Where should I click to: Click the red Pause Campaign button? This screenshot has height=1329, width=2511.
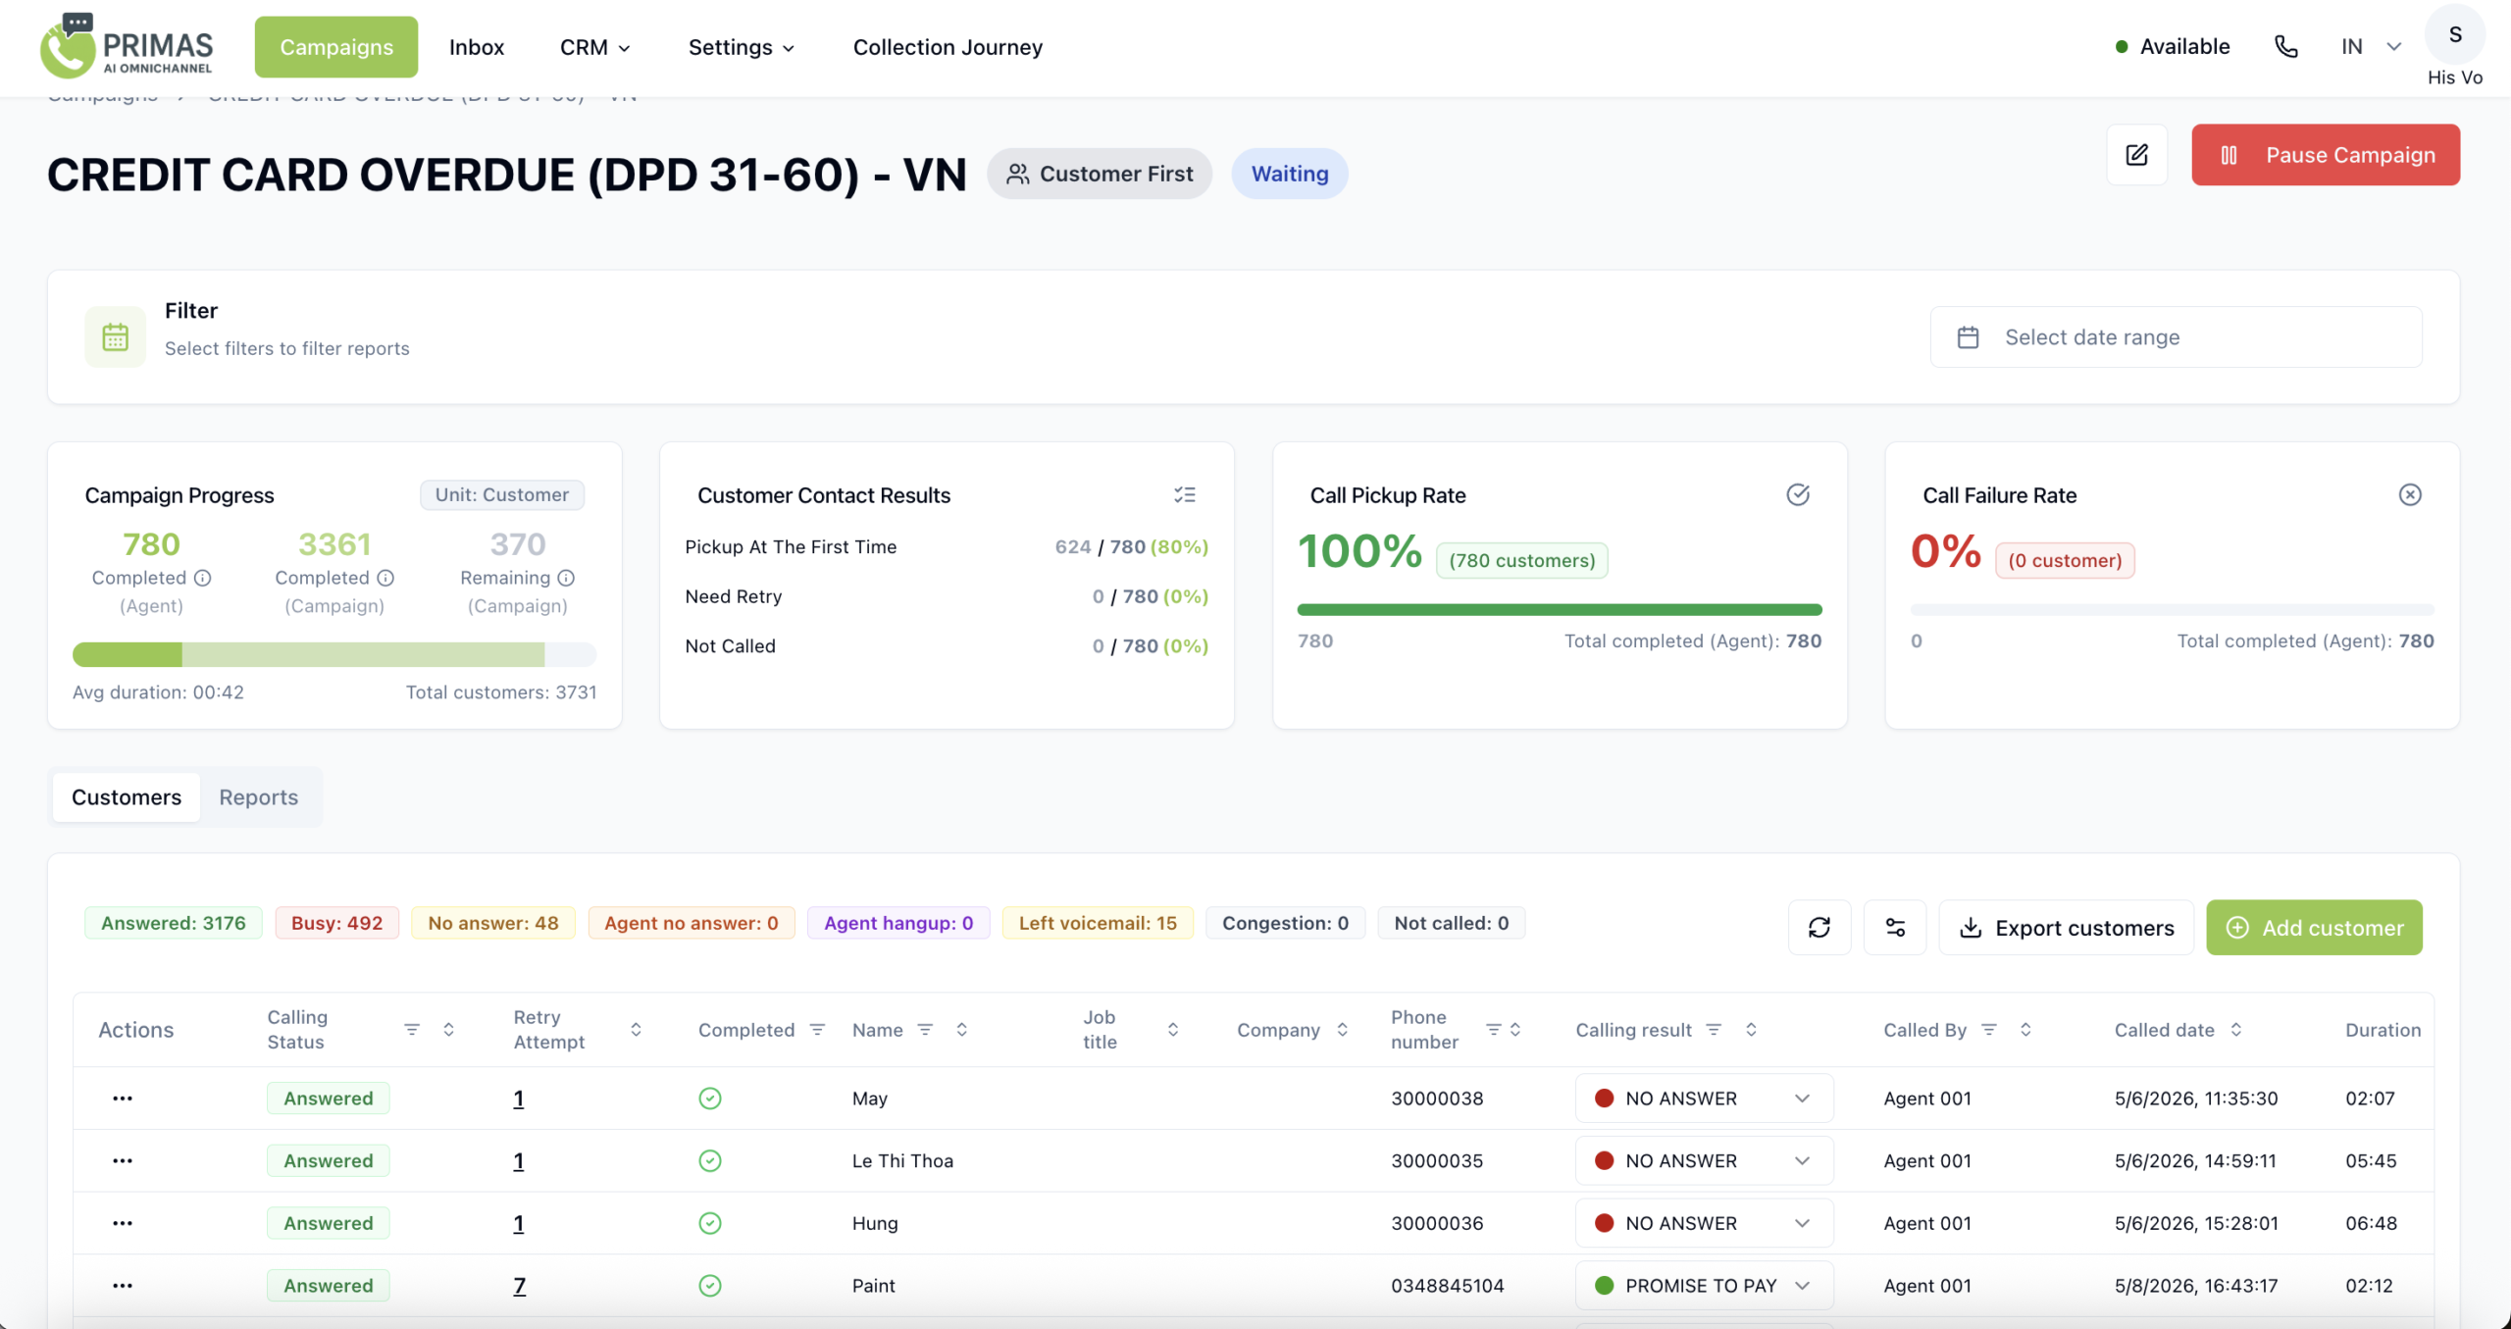pos(2325,155)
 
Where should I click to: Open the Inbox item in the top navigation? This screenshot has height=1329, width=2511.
pos(477,47)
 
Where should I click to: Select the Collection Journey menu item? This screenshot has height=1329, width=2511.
pos(948,47)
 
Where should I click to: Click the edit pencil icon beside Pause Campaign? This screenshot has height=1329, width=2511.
pos(2136,155)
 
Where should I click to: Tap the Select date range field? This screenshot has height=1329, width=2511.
pos(2176,337)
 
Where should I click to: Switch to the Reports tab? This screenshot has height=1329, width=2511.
pos(258,797)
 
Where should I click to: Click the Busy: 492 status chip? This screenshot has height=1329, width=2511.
pos(336,923)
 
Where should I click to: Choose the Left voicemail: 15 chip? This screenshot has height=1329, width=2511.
pos(1098,923)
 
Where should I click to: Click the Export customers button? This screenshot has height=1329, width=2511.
pos(2066,928)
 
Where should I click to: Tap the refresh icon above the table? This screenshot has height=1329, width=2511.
pos(1819,928)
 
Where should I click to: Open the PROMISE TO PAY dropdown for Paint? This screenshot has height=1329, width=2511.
pos(1704,1286)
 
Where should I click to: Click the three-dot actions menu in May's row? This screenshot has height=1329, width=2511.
pos(123,1099)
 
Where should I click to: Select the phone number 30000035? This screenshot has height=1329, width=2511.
pos(1437,1161)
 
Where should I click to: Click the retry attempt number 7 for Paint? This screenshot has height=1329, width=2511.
pos(520,1286)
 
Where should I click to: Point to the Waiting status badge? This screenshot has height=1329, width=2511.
pos(1290,174)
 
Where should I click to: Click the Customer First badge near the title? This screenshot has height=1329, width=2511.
pos(1100,174)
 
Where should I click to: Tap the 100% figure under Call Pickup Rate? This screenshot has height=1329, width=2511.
pos(1359,551)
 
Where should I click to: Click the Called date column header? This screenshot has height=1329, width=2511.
pos(2164,1030)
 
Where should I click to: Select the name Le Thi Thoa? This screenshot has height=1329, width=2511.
pos(902,1161)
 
